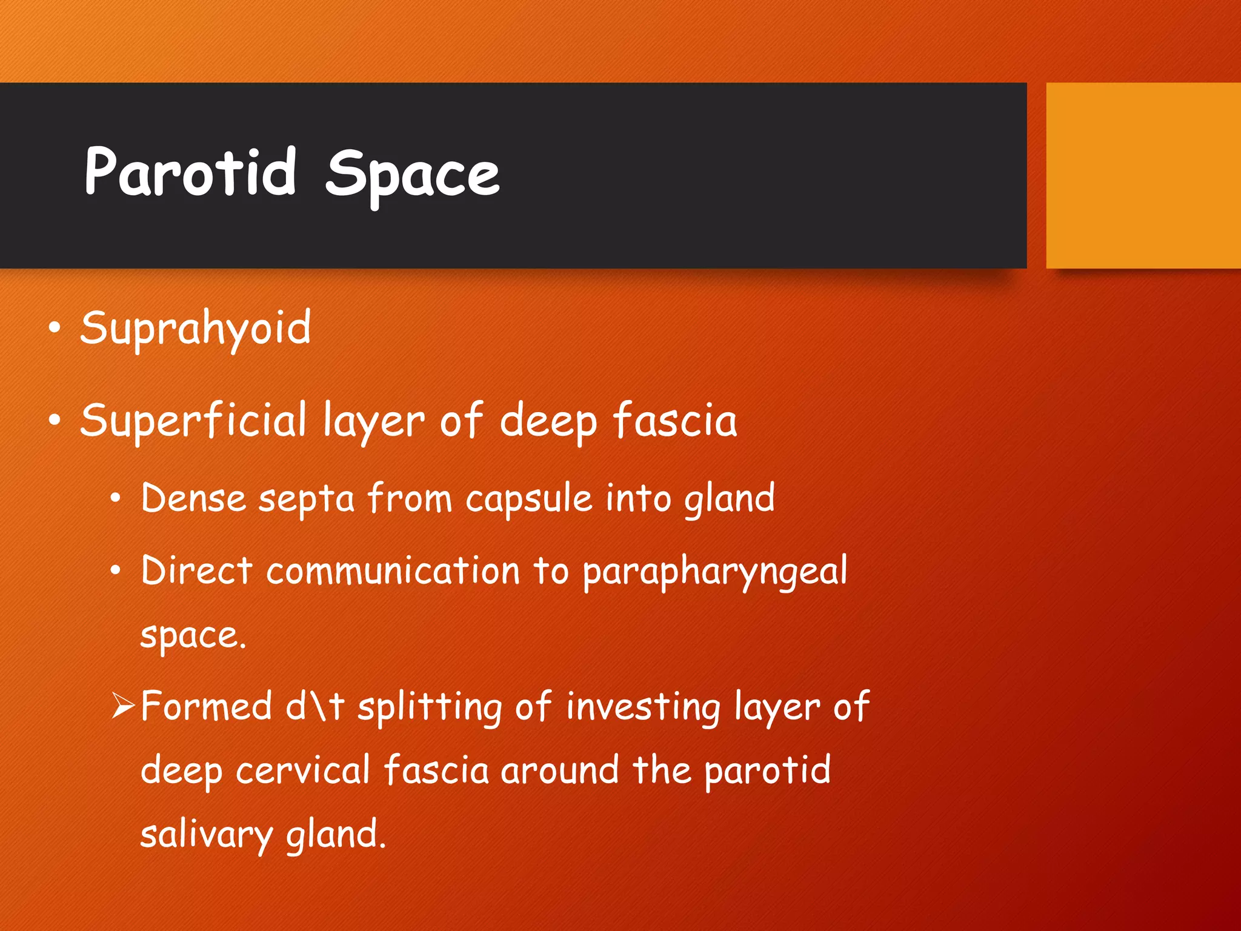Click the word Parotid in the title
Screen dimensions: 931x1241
coord(190,173)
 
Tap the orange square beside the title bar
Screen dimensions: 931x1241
coord(1143,175)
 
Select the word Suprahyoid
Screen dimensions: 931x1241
coord(196,329)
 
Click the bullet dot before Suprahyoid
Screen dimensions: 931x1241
coord(55,328)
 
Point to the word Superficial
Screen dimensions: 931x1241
coord(193,421)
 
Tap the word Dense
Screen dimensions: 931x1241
coord(193,499)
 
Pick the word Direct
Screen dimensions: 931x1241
coord(196,571)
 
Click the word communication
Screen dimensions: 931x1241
coord(393,572)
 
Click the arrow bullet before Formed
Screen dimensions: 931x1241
coord(123,706)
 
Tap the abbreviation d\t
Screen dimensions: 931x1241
coord(314,707)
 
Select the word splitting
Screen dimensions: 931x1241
coord(430,708)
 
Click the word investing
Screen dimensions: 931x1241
coord(643,708)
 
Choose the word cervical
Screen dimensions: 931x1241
coord(302,771)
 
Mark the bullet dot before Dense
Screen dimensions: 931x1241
coord(116,499)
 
